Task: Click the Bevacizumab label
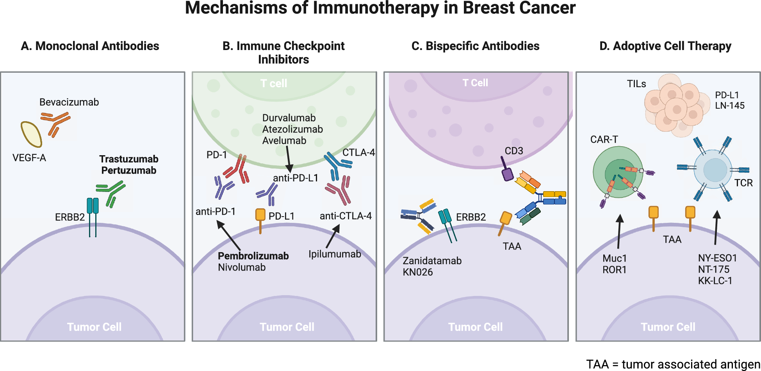point(69,102)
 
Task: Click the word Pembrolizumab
point(253,256)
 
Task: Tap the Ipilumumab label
point(335,254)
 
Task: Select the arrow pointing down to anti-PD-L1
point(288,158)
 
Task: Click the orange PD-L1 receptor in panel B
point(260,217)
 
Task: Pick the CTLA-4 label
point(358,152)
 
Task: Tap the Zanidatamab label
point(432,261)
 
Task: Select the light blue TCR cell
point(713,169)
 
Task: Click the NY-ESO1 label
point(717,258)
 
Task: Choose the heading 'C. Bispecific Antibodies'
point(475,46)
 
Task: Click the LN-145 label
point(730,106)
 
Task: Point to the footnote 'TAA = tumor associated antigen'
point(673,364)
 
